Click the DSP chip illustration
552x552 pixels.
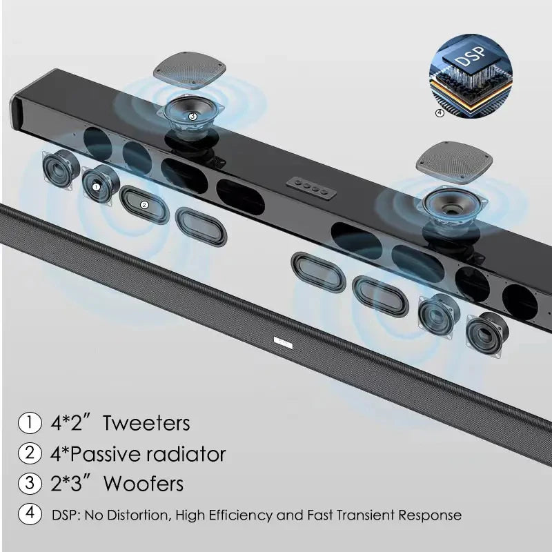pos(471,76)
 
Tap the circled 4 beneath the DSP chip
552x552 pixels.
pos(440,113)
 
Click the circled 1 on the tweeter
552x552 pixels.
pos(96,187)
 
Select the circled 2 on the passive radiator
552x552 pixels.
pos(144,205)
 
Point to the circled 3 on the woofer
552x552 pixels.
pos(193,116)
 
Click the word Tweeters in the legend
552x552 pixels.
pos(146,423)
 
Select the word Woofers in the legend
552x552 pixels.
pos(144,484)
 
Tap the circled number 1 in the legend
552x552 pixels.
pos(30,422)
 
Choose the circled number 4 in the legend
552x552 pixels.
pos(30,513)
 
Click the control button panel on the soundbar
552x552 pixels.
pos(311,188)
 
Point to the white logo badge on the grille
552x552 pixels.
pos(283,342)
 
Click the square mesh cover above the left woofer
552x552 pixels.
pos(189,70)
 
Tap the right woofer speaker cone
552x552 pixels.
pos(453,207)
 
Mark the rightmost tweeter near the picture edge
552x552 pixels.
pos(488,335)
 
